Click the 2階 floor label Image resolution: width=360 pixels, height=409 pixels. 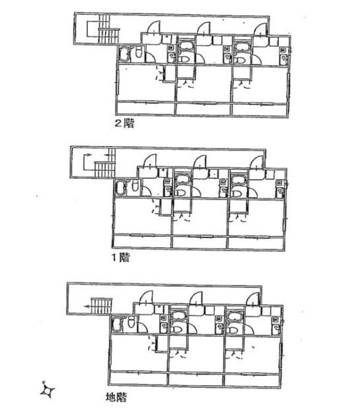click(x=125, y=123)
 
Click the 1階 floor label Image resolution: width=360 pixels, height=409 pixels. click(x=120, y=258)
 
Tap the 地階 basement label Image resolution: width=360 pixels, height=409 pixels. click(x=116, y=397)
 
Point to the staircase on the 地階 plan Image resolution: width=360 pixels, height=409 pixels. click(x=102, y=306)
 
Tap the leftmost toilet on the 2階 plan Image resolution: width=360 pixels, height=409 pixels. click(x=138, y=52)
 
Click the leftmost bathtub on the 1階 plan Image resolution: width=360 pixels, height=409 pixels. click(x=121, y=189)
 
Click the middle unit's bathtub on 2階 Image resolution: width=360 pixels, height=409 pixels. click(x=186, y=47)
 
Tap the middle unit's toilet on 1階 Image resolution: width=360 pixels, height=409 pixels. click(x=181, y=193)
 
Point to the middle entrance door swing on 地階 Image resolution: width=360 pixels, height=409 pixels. click(x=197, y=298)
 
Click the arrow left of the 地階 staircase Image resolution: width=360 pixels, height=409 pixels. click(x=87, y=306)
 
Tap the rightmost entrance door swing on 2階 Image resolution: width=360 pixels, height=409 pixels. click(x=261, y=29)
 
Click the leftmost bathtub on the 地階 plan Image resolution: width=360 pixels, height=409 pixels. click(x=117, y=324)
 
